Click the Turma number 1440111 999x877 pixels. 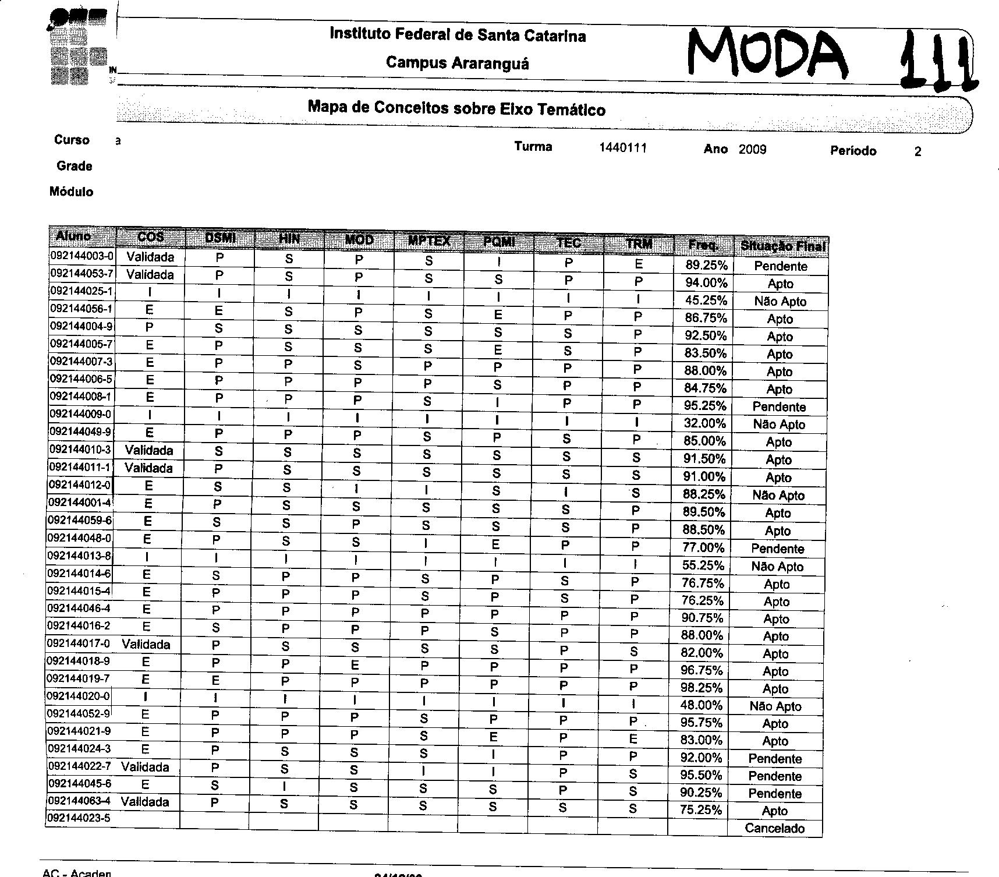coord(622,148)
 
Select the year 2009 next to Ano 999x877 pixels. coord(752,150)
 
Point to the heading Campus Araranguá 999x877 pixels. coord(457,62)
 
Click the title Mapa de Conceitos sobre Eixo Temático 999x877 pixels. coord(456,108)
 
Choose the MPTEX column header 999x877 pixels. coord(429,241)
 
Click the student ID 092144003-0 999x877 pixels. coord(82,256)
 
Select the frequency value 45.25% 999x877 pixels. coord(706,300)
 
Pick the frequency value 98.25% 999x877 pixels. coord(702,688)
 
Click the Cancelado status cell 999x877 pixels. coord(774,828)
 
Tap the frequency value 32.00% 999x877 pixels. coord(704,423)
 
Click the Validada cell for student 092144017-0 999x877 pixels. coord(146,644)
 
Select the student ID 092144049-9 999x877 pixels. coord(80,432)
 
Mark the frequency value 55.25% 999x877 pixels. coord(703,565)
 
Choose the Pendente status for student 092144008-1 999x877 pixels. coord(779,406)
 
